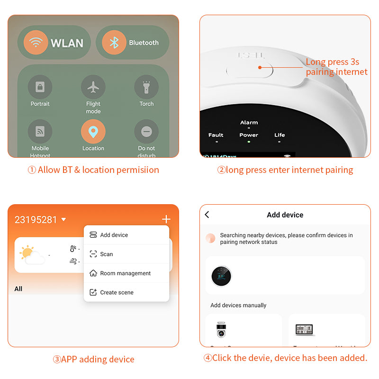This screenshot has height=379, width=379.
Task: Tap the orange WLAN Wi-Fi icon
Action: pos(36,42)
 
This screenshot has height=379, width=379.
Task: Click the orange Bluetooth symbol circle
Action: pos(114,43)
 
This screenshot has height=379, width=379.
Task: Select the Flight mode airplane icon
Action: pos(93,87)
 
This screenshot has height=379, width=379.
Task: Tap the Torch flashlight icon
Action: pos(146,87)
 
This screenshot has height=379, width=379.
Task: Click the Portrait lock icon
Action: pos(40,87)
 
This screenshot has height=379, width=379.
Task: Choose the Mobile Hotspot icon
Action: pos(40,132)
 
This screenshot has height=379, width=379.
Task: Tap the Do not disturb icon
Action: pos(146,132)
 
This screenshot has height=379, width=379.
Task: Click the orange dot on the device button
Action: pos(260,67)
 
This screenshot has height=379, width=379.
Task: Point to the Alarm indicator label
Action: pos(249,122)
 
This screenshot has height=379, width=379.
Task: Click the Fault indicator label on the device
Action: pos(216,135)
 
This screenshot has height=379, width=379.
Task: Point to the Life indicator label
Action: pos(280,135)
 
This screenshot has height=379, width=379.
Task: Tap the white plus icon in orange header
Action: pos(166,219)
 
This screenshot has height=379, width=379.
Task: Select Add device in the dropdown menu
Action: pos(114,235)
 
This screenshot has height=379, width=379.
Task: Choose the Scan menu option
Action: pos(106,254)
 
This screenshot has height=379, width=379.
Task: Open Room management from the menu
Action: pos(125,273)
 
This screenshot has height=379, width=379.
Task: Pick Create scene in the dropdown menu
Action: pos(117,292)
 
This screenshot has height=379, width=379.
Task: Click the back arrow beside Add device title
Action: pos(207,215)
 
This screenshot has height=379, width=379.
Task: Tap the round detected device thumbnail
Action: pos(221,276)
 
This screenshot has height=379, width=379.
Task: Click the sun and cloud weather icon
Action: pos(32,254)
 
